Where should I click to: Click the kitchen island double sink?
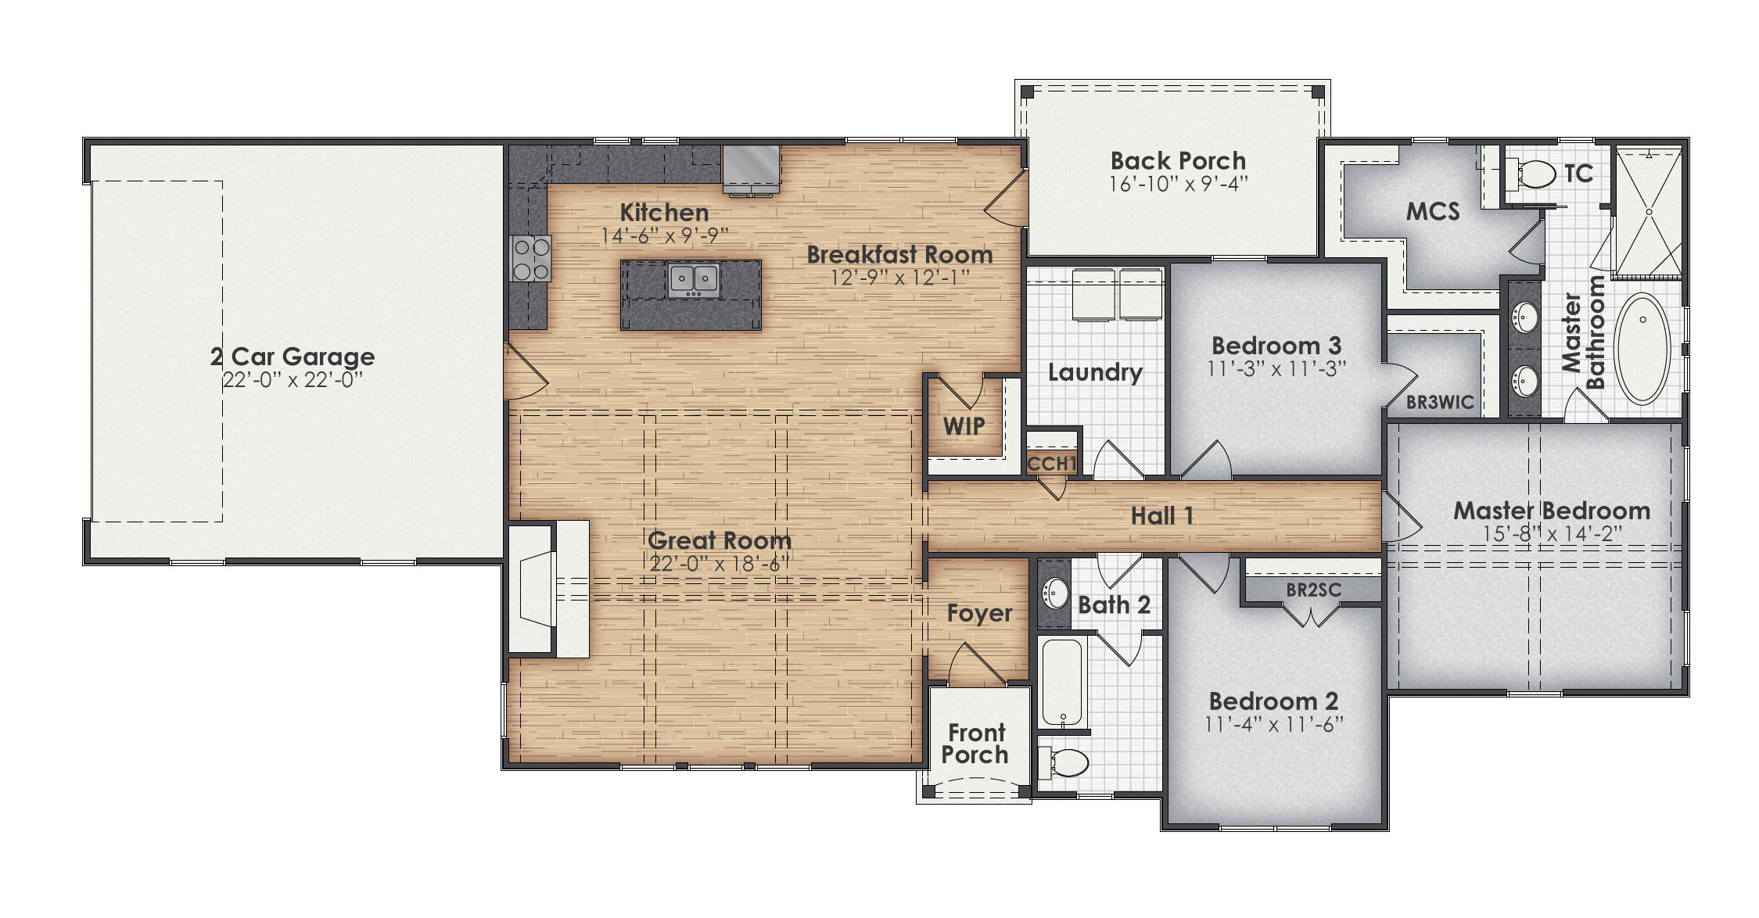(693, 279)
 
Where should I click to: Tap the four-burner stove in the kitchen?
(531, 258)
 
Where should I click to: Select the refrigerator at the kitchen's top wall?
(751, 167)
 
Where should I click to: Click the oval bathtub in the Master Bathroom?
(1642, 348)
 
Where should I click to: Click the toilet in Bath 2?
(1065, 762)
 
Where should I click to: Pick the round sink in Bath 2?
(1056, 593)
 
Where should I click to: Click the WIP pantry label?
(964, 426)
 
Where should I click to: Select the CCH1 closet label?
(1052, 464)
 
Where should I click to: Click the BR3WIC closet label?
(1439, 403)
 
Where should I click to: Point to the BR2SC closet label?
(1313, 590)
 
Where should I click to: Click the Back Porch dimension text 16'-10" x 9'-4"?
(1178, 184)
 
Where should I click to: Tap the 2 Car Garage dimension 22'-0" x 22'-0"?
(293, 380)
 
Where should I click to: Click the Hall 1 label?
(1162, 516)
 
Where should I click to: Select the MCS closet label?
(1432, 212)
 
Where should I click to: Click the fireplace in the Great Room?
(547, 588)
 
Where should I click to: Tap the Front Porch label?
(975, 744)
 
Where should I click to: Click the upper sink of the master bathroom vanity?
(1524, 317)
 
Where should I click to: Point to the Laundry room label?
(1095, 372)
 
